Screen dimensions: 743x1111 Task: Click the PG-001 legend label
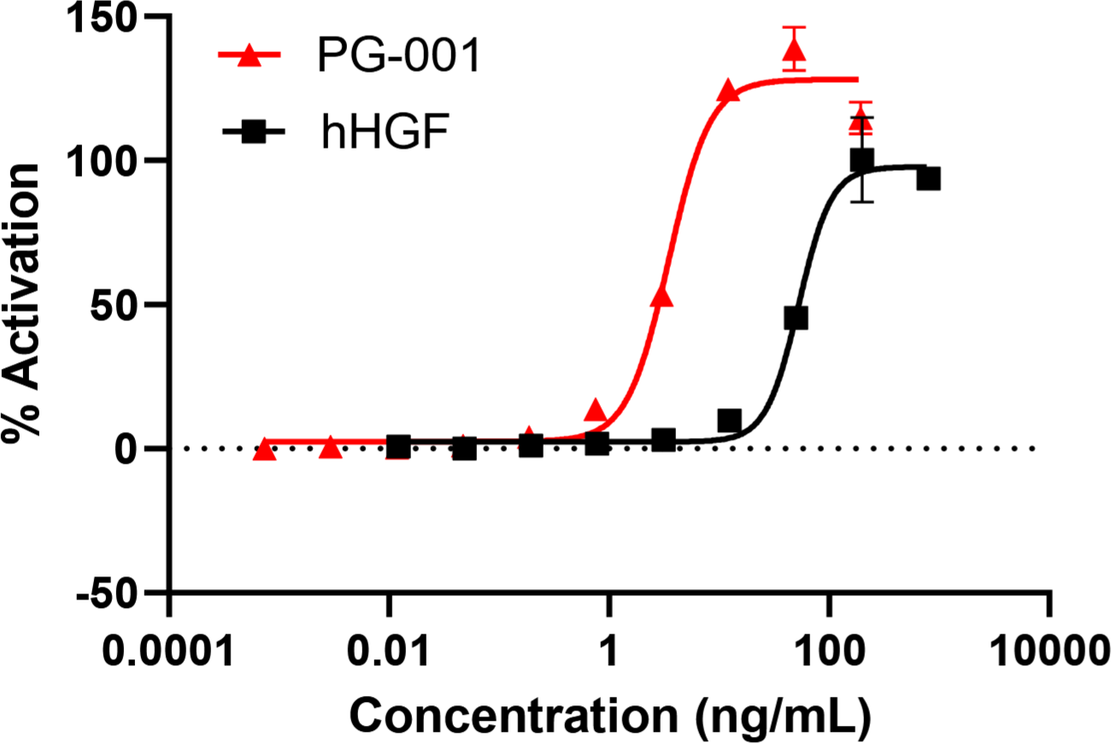(x=396, y=57)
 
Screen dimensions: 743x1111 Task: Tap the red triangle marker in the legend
(x=250, y=56)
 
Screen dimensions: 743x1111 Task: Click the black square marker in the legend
(x=251, y=132)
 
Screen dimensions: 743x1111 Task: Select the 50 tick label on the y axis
(x=132, y=305)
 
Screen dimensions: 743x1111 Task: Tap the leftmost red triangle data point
(x=265, y=449)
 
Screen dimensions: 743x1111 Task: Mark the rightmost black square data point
(x=928, y=179)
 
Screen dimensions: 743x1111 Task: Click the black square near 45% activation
(x=796, y=319)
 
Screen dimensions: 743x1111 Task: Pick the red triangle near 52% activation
(x=662, y=296)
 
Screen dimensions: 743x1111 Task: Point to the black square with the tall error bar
(x=861, y=160)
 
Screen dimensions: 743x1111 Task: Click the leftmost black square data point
(x=398, y=446)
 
